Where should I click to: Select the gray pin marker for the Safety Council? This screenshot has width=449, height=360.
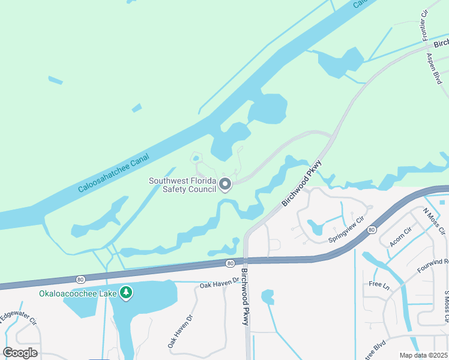tap(226, 185)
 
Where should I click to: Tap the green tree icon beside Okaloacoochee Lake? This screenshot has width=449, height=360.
tap(126, 293)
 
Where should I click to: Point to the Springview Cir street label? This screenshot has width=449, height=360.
tap(346, 230)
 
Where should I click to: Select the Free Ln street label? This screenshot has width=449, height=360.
tap(380, 284)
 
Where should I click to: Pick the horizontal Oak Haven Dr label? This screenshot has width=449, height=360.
tap(219, 282)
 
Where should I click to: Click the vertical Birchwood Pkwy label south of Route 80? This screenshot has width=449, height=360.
tap(245, 297)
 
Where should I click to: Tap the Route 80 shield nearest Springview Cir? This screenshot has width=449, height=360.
tap(372, 229)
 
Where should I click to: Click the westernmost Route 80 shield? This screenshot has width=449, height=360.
tap(80, 278)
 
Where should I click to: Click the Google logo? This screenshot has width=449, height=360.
tap(20, 353)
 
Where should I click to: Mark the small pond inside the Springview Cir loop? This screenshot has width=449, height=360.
tap(315, 227)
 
